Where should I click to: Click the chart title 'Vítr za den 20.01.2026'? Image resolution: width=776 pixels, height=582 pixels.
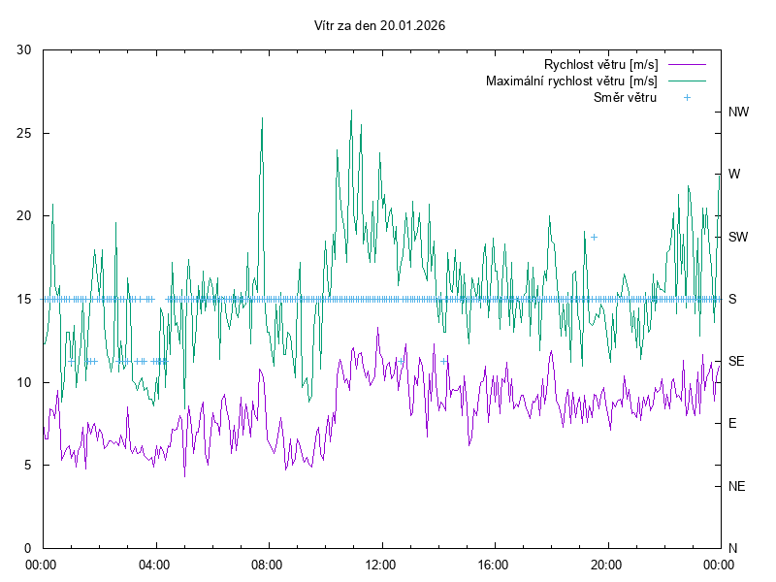click(380, 26)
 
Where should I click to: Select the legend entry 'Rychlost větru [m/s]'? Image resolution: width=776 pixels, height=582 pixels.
click(601, 64)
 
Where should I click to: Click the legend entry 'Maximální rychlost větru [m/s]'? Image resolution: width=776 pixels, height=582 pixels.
click(572, 81)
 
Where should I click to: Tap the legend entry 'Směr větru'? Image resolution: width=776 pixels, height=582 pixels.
click(626, 97)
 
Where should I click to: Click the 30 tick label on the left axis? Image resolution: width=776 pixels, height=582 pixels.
click(25, 49)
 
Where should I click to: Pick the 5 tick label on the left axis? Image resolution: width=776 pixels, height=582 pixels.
click(29, 465)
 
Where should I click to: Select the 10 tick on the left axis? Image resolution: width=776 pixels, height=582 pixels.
click(25, 382)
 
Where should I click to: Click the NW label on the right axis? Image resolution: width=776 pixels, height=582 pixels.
click(738, 112)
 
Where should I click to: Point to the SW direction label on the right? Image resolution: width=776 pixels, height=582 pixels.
click(738, 237)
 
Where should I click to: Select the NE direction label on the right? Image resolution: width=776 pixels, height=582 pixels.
click(737, 486)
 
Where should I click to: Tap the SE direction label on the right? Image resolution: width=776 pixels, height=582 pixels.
click(736, 361)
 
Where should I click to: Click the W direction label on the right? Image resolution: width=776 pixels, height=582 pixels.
click(734, 175)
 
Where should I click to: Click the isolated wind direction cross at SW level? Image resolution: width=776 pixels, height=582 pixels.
click(594, 237)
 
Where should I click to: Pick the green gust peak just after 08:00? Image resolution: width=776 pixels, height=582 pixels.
click(262, 118)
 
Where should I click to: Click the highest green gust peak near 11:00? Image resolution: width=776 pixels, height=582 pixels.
click(351, 111)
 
